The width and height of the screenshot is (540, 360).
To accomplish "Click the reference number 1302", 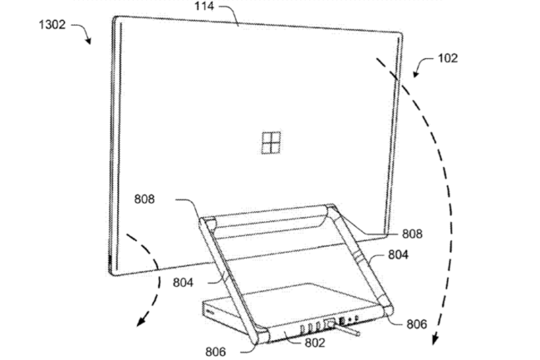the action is (x=52, y=24).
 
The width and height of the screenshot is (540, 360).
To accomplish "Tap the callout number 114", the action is (x=204, y=6).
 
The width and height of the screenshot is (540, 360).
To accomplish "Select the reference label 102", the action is (x=448, y=58).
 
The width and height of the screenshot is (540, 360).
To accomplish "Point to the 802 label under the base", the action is (x=315, y=343).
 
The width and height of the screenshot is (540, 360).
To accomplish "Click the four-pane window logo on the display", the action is (x=271, y=143).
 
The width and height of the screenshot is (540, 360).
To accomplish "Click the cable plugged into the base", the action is (x=348, y=330).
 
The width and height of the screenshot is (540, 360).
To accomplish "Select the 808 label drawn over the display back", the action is (x=145, y=199).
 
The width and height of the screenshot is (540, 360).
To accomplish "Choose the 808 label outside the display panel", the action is (x=412, y=234).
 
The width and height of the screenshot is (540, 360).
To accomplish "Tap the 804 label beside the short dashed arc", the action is (x=183, y=283).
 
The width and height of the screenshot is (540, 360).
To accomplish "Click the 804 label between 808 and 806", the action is (x=398, y=254).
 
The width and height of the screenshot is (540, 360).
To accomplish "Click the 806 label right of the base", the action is (x=417, y=324).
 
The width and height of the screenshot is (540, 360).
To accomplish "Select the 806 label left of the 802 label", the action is (x=216, y=352).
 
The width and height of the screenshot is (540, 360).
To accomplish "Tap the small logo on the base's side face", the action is (x=209, y=312).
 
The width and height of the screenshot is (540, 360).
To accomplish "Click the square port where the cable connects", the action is (x=330, y=323).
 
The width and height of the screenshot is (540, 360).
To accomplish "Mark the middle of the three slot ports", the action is (x=311, y=328).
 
